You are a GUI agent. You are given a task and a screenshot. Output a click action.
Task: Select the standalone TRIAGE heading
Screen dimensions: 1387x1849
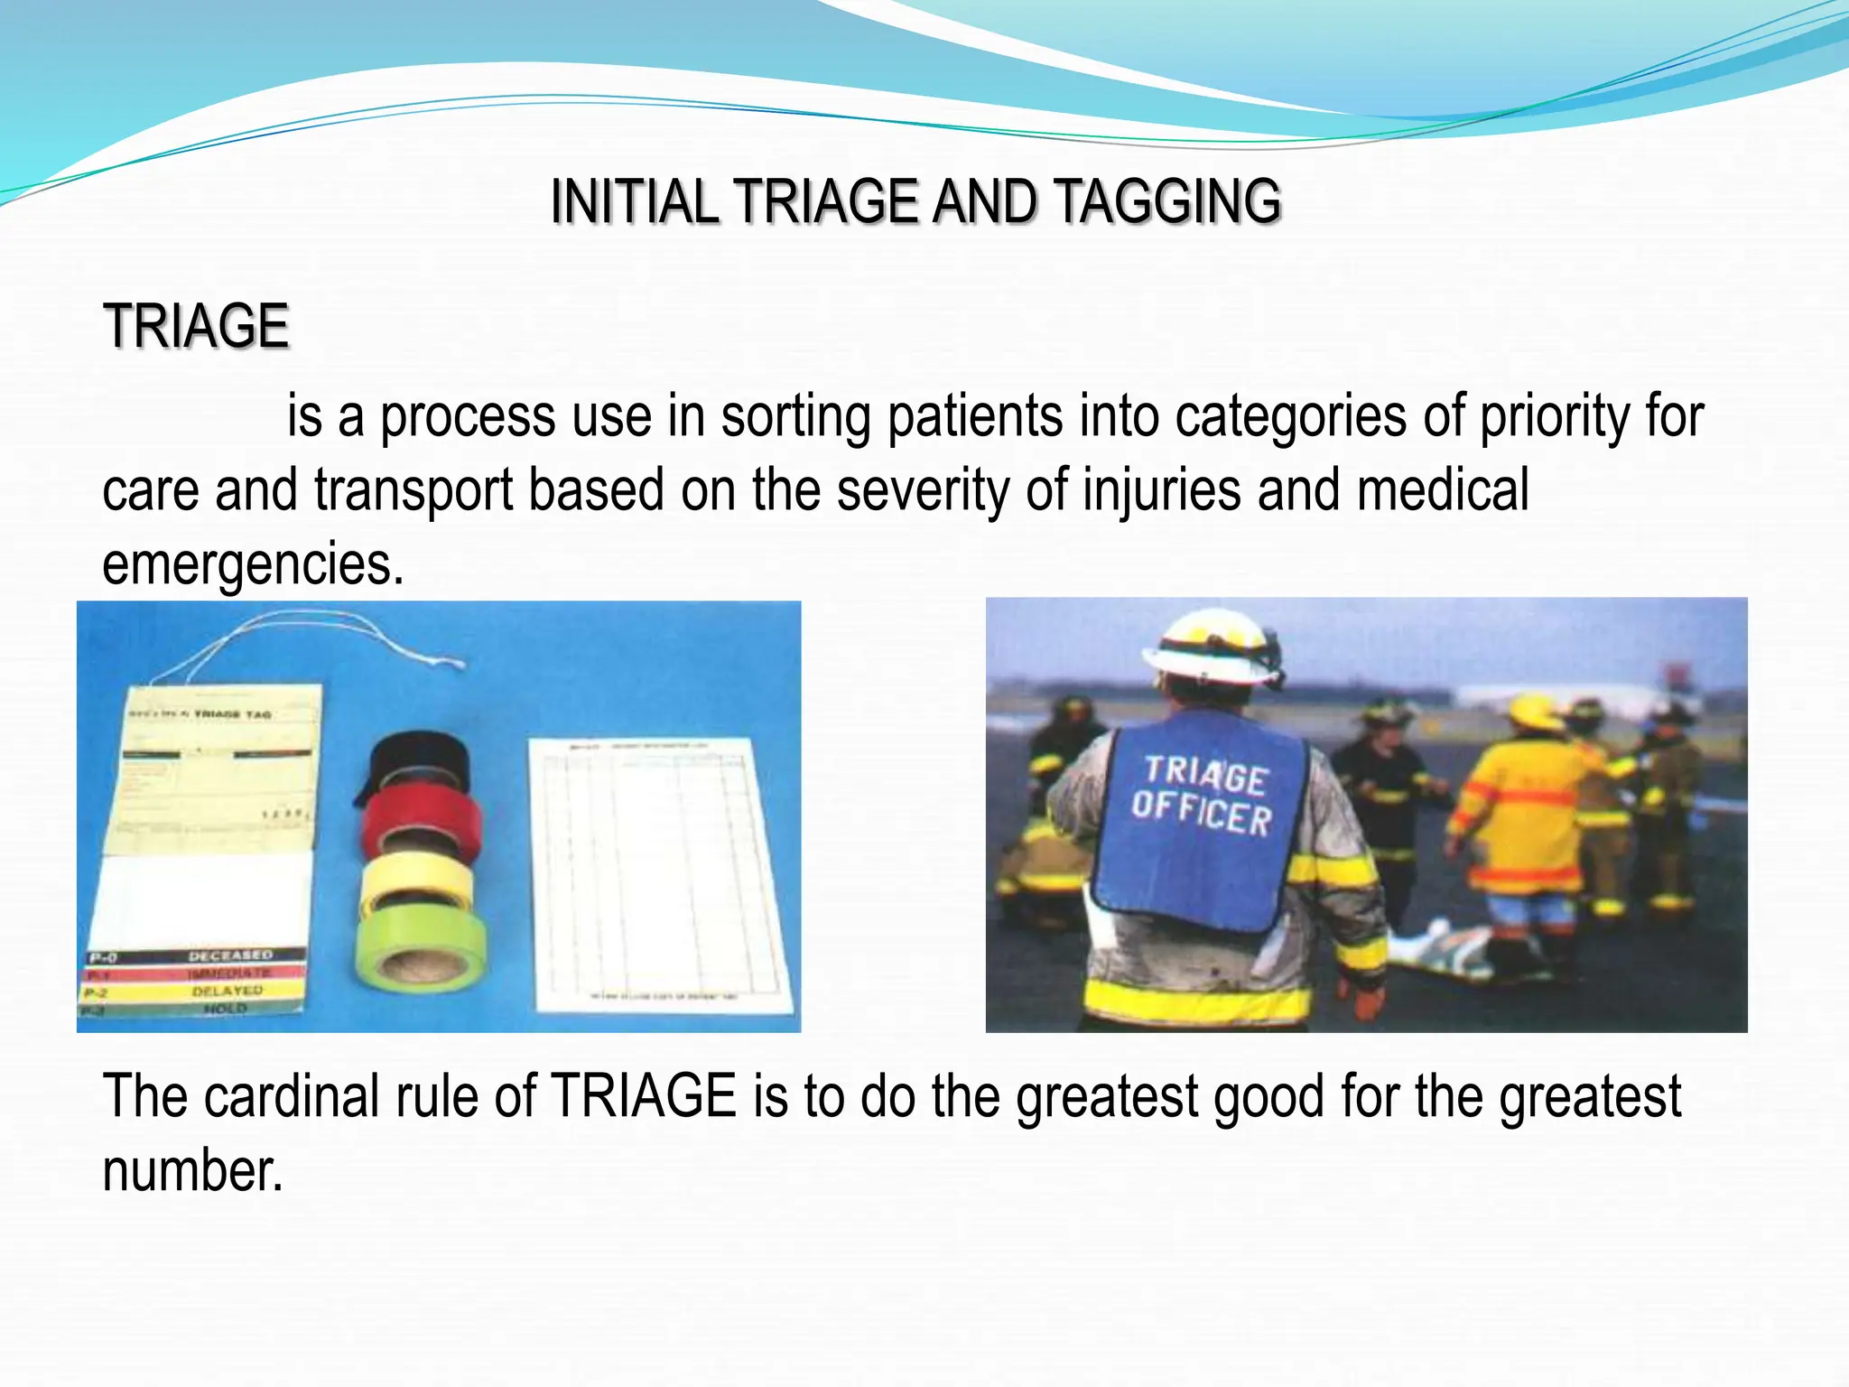(196, 326)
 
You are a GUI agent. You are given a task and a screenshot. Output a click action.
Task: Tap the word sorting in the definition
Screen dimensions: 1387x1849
(794, 417)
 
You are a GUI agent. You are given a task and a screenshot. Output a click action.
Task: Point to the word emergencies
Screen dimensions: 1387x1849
(253, 564)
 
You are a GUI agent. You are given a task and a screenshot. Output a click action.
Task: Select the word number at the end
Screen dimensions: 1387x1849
(192, 1170)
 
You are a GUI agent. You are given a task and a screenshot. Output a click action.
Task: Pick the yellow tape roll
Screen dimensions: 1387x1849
(416, 880)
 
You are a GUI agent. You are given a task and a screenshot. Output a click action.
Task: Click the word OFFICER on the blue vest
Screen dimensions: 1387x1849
(1201, 811)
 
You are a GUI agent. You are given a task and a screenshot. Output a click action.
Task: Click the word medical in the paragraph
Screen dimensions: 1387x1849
(1442, 490)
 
